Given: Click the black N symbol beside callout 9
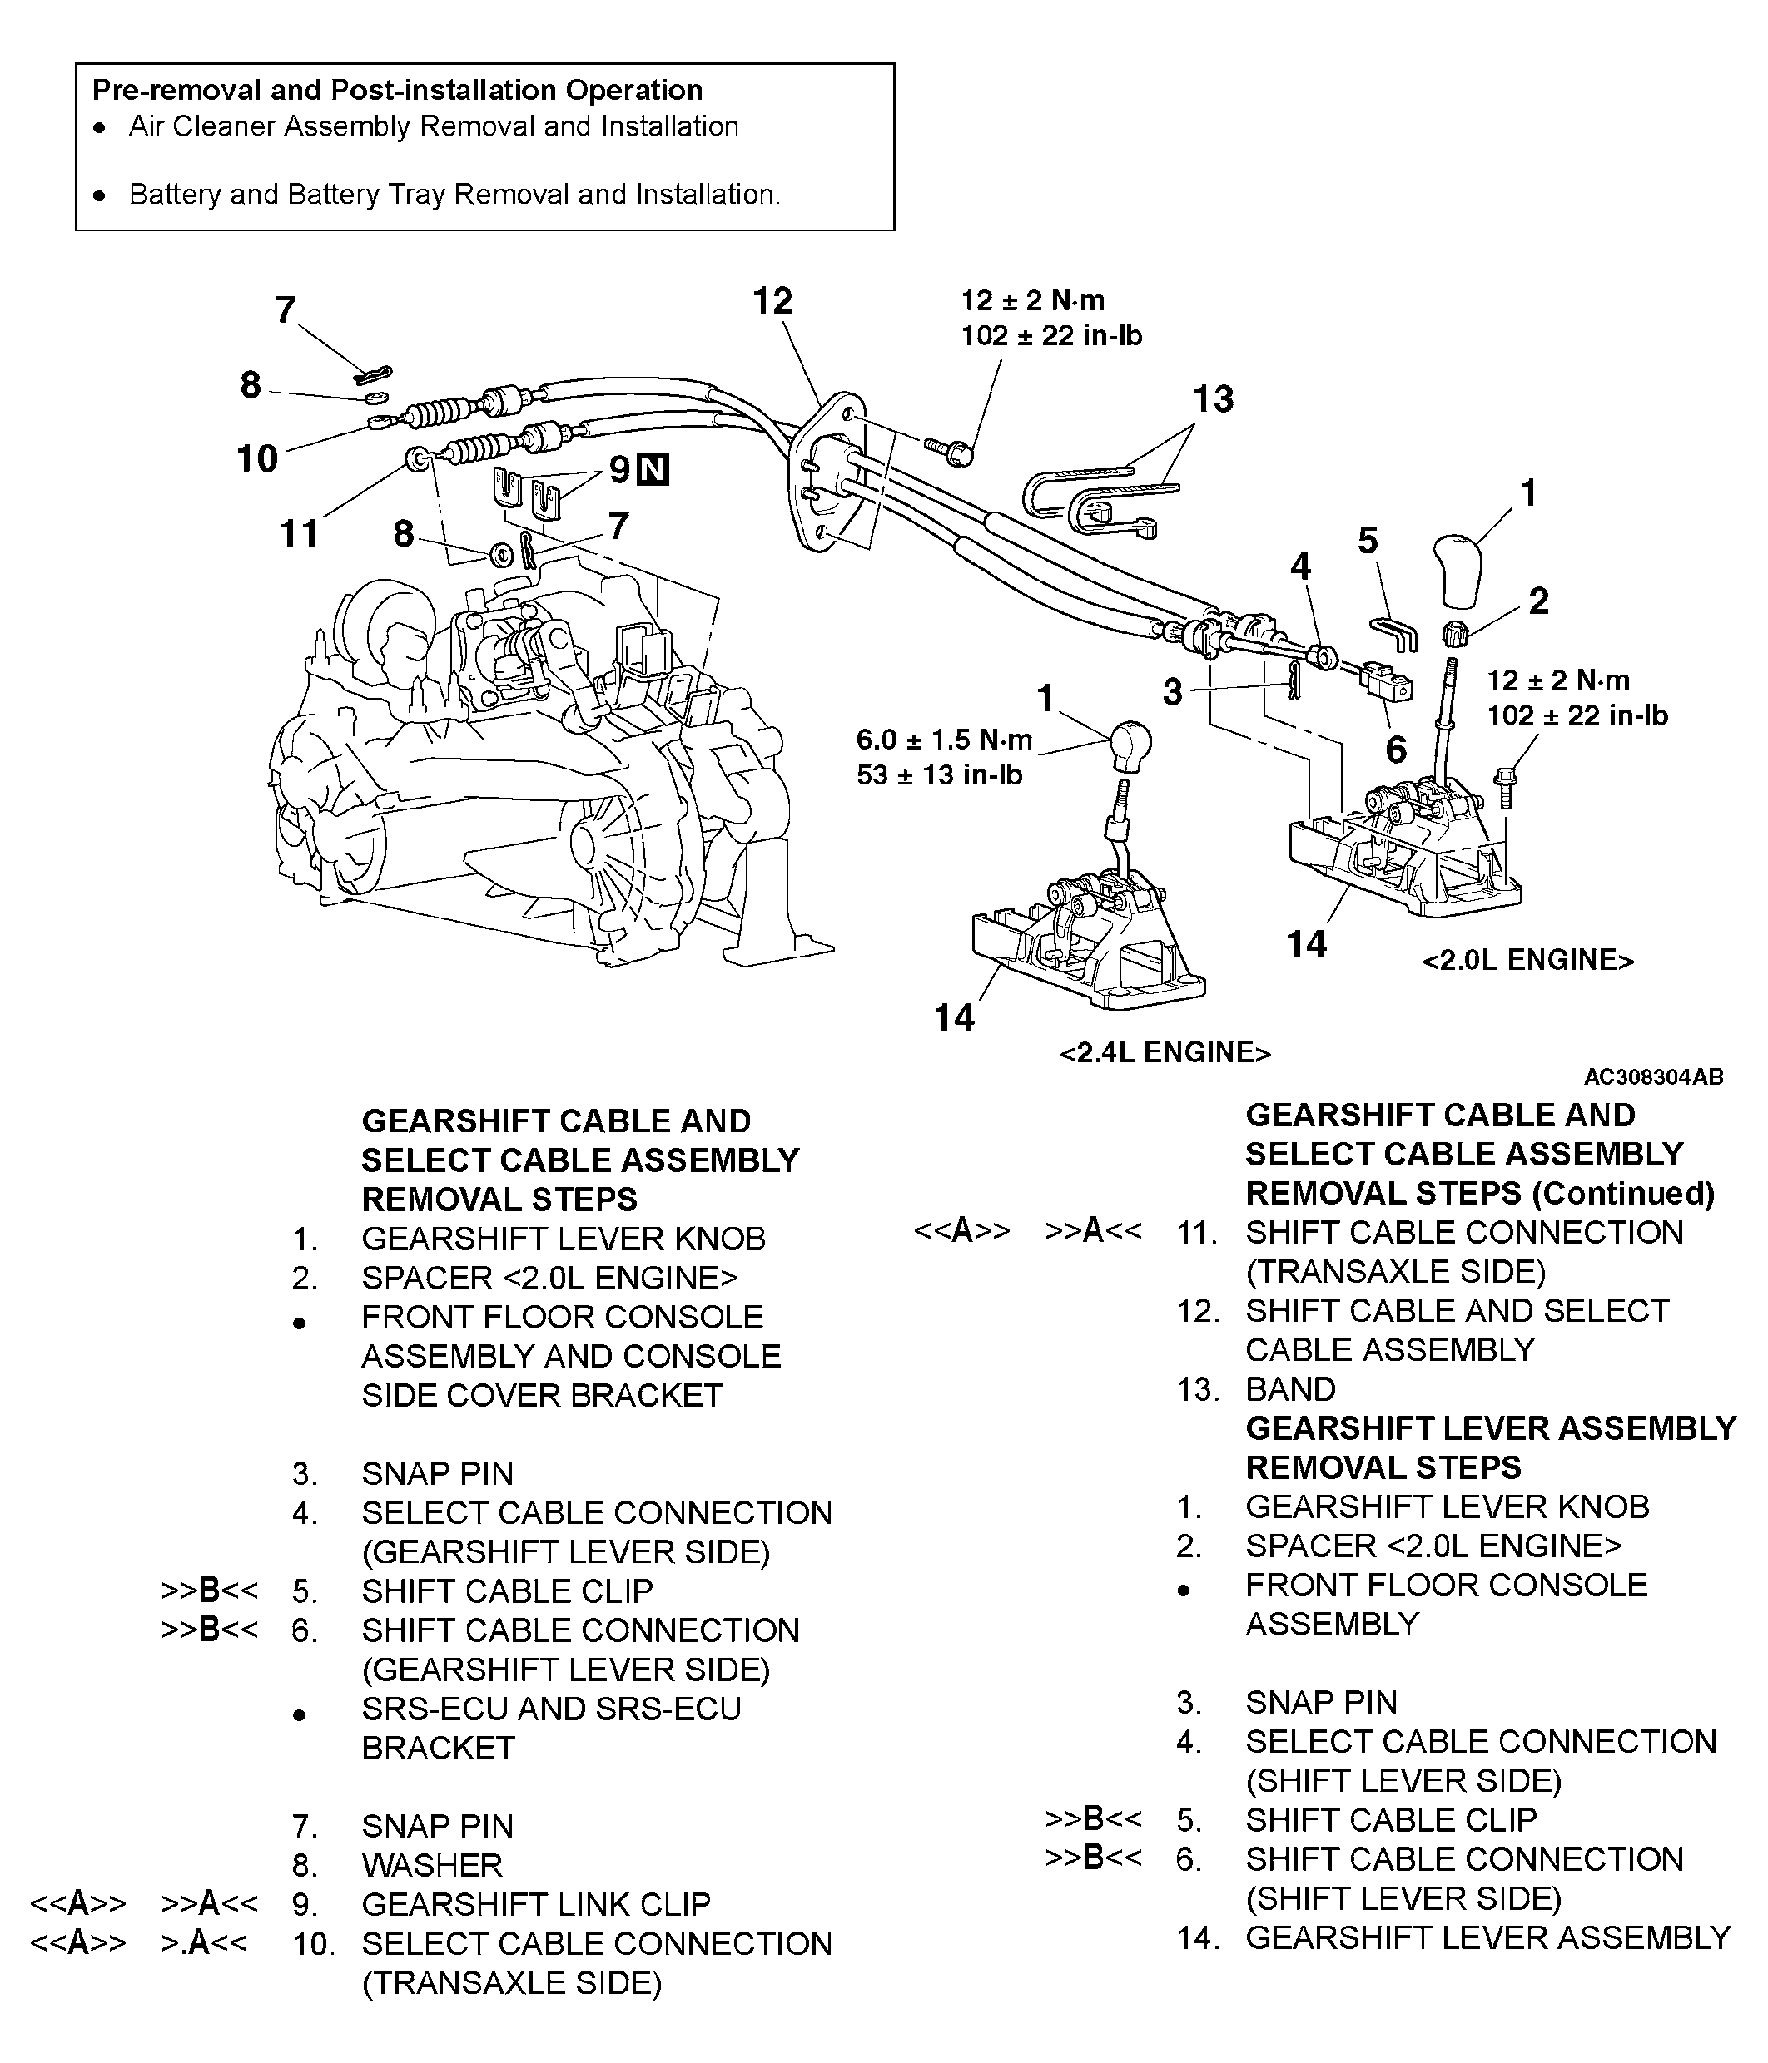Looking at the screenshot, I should tap(653, 469).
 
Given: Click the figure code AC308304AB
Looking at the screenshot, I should tap(1653, 1076).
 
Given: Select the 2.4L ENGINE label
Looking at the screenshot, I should tap(1165, 1052).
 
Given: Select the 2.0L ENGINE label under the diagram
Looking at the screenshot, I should tap(1528, 960).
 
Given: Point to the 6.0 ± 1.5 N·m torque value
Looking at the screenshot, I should tap(943, 739).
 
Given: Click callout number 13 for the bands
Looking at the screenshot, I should tap(1213, 399).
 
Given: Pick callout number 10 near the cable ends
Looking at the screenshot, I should tap(257, 459).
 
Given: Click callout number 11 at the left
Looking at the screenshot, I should tap(299, 534).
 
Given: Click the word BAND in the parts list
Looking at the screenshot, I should tap(1290, 1389).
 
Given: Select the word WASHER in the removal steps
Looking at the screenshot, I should tap(432, 1865).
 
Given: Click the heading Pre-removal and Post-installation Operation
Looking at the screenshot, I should tap(397, 91).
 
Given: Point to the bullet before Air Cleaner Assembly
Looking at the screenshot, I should tap(98, 128).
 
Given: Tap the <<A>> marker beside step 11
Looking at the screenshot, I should tap(961, 1232).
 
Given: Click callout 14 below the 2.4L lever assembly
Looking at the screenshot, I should tap(953, 1017).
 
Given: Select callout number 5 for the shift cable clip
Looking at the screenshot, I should tap(1368, 542).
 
